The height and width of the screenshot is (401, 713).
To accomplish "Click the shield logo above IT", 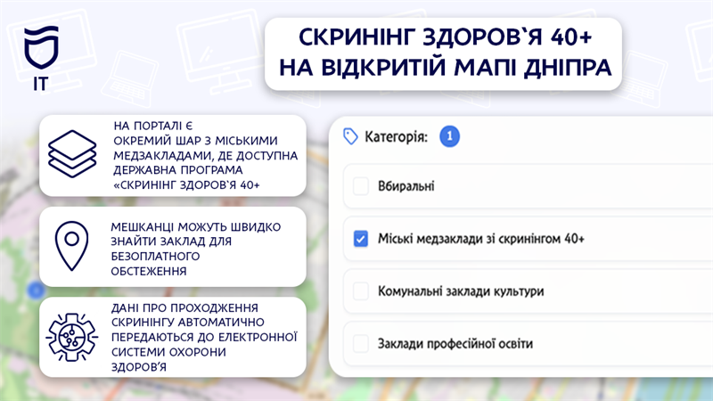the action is click(41, 47).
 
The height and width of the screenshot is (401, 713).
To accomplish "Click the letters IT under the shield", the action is click(40, 84).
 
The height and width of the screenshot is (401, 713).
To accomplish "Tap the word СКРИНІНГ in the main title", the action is click(356, 37).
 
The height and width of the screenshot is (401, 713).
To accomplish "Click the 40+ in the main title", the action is click(571, 37).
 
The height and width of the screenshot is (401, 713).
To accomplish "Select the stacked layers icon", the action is click(72, 153).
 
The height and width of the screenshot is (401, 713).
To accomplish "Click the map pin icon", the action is click(71, 246).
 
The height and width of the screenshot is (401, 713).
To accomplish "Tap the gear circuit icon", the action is click(72, 338).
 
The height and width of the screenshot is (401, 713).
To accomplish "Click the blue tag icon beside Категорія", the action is click(350, 136).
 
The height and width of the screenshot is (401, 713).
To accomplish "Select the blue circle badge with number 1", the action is click(449, 136).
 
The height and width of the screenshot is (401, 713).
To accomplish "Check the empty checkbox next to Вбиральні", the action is click(361, 186).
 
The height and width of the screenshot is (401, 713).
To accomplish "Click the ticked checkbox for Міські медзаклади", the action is click(361, 238).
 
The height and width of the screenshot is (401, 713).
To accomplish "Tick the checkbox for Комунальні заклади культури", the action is click(361, 291).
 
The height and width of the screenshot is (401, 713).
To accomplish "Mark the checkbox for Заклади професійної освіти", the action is click(361, 343).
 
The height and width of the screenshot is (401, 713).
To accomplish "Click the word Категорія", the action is click(396, 136).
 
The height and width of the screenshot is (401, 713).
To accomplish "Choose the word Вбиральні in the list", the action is click(406, 186).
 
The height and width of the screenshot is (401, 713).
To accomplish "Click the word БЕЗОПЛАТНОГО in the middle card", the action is click(155, 257).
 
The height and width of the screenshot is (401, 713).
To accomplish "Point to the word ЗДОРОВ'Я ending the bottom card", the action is click(139, 367).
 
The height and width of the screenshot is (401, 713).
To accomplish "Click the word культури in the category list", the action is click(517, 291).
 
